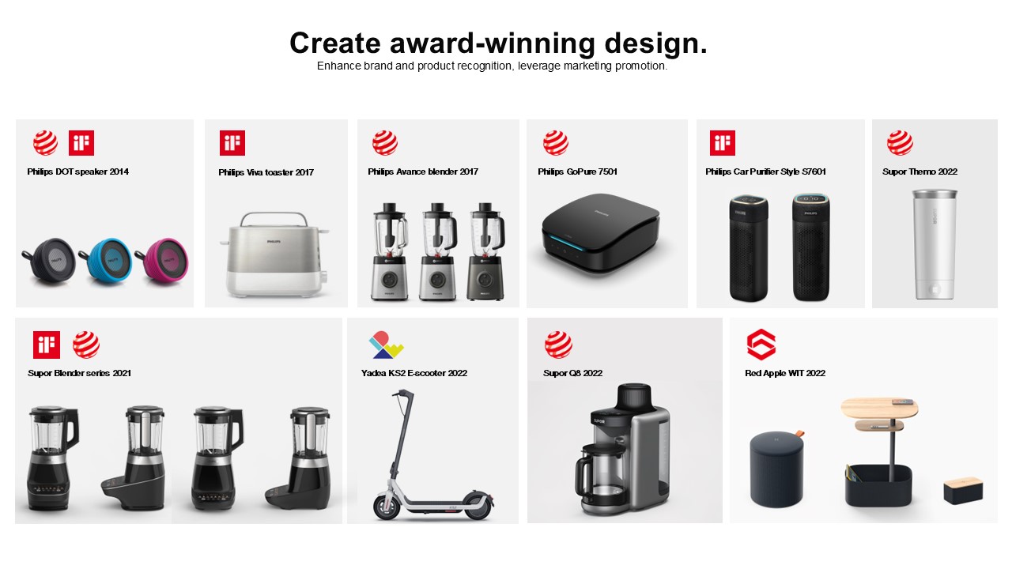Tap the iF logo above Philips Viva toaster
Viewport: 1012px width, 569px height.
pos(232,143)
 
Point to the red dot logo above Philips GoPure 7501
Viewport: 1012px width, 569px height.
pos(556,143)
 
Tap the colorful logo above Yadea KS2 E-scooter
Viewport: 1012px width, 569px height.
pos(386,345)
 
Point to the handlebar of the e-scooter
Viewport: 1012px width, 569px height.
pos(402,393)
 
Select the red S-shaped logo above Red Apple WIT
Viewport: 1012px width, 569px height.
pos(761,345)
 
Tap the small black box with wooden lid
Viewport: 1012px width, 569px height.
pos(963,491)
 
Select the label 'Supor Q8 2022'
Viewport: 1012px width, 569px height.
pos(572,373)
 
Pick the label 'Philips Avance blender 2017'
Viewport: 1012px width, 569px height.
pos(423,171)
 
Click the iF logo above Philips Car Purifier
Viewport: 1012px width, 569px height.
pos(722,143)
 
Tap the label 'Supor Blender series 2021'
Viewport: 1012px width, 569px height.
pos(80,373)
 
